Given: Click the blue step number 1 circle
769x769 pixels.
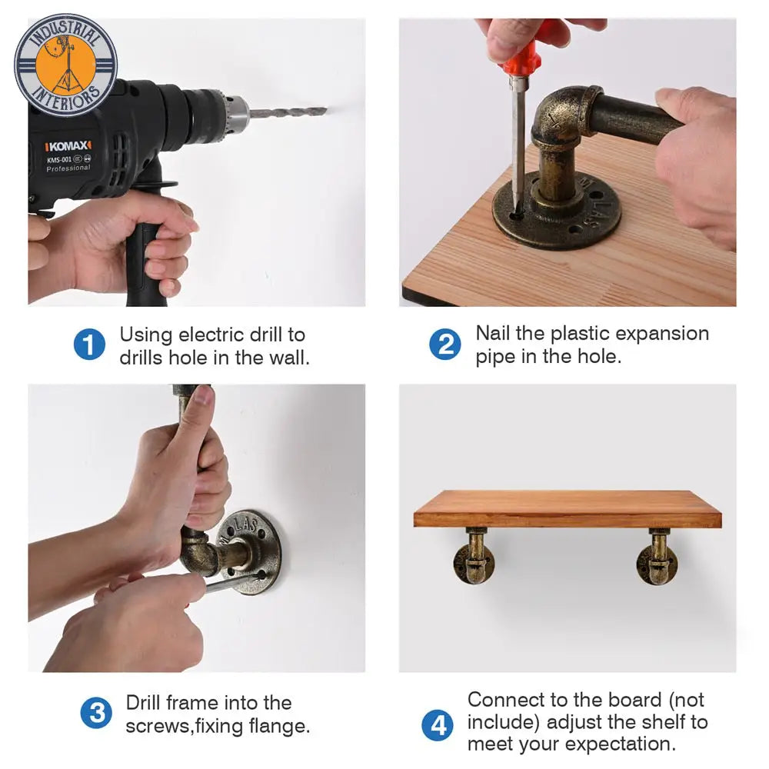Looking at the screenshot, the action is [89, 345].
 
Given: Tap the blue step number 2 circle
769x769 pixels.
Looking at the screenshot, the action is [444, 345].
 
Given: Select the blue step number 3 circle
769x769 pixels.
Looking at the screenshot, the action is [96, 713].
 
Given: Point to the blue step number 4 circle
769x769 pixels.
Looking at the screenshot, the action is [438, 725].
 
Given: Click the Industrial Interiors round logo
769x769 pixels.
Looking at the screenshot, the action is [65, 65].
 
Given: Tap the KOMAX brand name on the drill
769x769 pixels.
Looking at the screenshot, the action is [68, 145].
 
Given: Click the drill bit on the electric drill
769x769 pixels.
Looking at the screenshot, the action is [288, 112].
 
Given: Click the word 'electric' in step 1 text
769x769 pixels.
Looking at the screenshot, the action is [211, 335].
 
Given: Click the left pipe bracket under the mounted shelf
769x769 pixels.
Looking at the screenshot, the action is [474, 556].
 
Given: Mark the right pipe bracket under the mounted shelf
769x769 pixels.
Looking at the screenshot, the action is [657, 556].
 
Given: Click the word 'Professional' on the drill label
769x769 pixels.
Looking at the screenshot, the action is [68, 168].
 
